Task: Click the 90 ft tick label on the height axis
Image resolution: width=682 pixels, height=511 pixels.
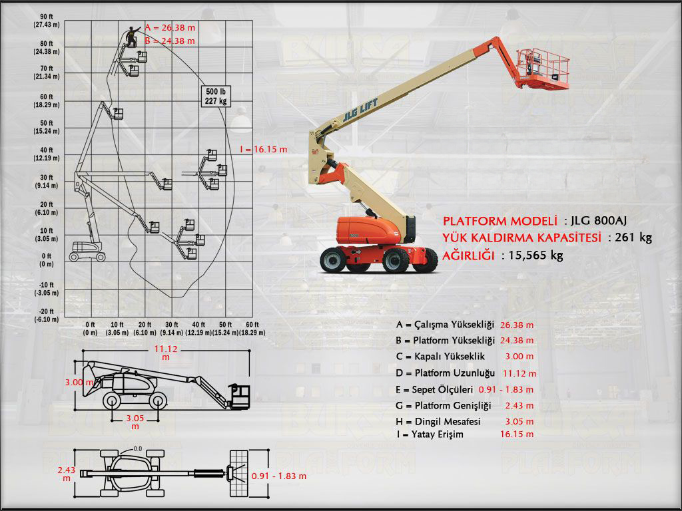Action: pyautogui.click(x=47, y=17)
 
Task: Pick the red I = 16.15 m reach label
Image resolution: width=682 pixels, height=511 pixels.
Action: pyautogui.click(x=263, y=150)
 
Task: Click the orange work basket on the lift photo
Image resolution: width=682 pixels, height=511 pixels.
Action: pyautogui.click(x=545, y=69)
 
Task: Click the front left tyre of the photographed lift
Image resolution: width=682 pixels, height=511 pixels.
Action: pyautogui.click(x=334, y=259)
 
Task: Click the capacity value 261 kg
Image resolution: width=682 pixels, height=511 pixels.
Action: pyautogui.click(x=635, y=238)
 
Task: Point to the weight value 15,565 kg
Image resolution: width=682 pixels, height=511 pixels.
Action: pyautogui.click(x=537, y=255)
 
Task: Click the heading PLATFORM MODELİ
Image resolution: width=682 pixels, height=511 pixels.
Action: pyautogui.click(x=500, y=221)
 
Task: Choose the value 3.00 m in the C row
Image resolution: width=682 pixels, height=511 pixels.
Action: pyautogui.click(x=519, y=357)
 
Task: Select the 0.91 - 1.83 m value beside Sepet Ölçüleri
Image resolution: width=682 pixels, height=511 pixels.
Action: pyautogui.click(x=506, y=389)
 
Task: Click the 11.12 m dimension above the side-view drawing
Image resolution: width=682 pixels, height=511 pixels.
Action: pyautogui.click(x=165, y=352)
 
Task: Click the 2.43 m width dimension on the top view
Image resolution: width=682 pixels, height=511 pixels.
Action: pyautogui.click(x=67, y=473)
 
